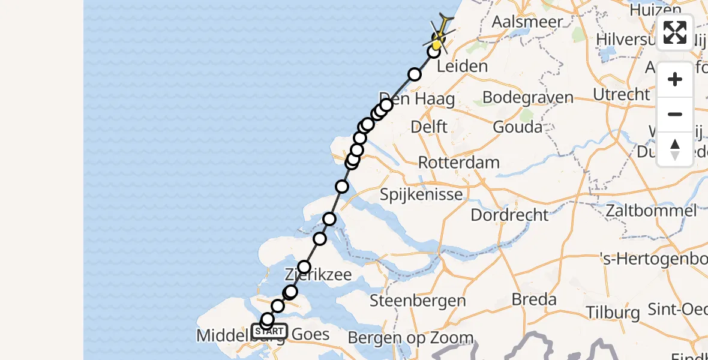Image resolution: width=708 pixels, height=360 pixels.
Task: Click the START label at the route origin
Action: pyautogui.click(x=269, y=331)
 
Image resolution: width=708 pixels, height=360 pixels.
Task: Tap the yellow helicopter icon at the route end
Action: pyautogui.click(x=440, y=35)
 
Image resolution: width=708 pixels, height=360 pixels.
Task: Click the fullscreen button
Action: pyautogui.click(x=675, y=32)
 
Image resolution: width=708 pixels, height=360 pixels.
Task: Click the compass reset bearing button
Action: pyautogui.click(x=675, y=149)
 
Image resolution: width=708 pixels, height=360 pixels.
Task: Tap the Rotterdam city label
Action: pyautogui.click(x=458, y=162)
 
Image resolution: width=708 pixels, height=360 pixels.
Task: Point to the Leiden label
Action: pyautogui.click(x=462, y=66)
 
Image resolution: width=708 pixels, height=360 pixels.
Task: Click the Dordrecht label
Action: pyautogui.click(x=509, y=215)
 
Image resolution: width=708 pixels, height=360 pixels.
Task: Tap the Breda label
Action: pyautogui.click(x=534, y=299)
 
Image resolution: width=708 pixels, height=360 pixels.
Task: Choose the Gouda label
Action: pyautogui.click(x=517, y=127)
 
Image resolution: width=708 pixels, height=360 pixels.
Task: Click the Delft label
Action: pyautogui.click(x=429, y=127)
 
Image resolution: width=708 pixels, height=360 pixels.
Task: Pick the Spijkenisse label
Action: pyautogui.click(x=421, y=194)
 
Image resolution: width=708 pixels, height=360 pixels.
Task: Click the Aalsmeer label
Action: pyautogui.click(x=527, y=22)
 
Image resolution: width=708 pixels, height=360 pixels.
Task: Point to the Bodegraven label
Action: pyautogui.click(x=527, y=97)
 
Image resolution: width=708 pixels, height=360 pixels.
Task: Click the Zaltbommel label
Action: pyautogui.click(x=651, y=211)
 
